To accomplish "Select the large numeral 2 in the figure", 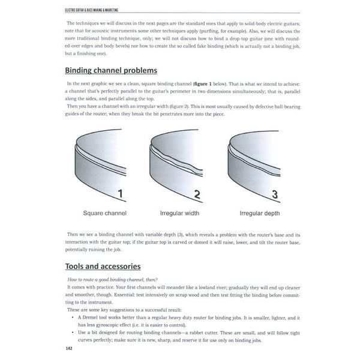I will click(197, 193).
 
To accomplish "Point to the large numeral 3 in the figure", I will click(275, 193).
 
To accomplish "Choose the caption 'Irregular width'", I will click(179, 213).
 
